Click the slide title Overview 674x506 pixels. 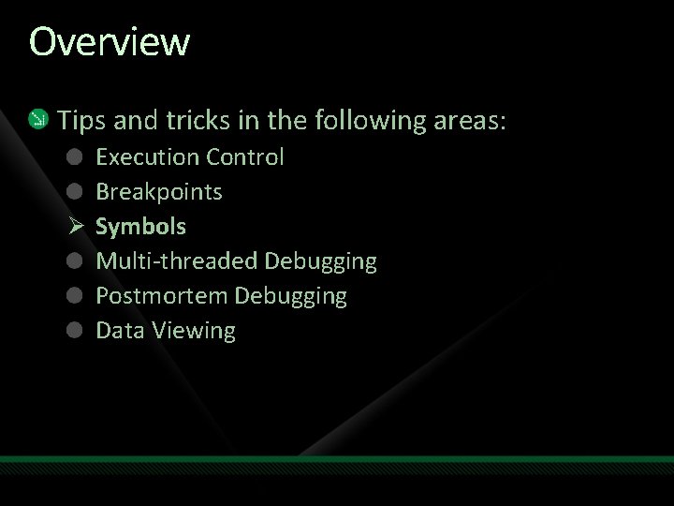(110, 42)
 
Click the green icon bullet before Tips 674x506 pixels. (37, 119)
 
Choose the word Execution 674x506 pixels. (148, 156)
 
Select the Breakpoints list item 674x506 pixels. (159, 191)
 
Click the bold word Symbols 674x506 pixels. (141, 226)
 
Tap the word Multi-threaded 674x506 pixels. (177, 260)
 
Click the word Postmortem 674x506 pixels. (161, 296)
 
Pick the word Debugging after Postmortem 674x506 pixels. (290, 296)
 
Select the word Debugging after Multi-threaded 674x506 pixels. (321, 260)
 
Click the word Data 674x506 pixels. (117, 330)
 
